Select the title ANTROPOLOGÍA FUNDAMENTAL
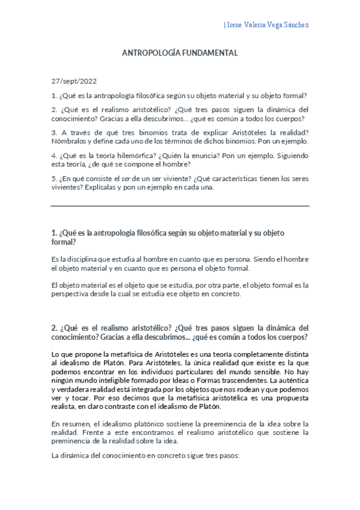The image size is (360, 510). tap(180, 53)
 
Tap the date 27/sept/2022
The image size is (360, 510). tap(74, 81)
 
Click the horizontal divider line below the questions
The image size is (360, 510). tap(180, 206)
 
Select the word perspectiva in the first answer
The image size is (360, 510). tap(73, 294)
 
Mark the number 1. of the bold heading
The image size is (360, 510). tap(54, 233)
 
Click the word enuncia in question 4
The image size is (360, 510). tap(192, 155)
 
